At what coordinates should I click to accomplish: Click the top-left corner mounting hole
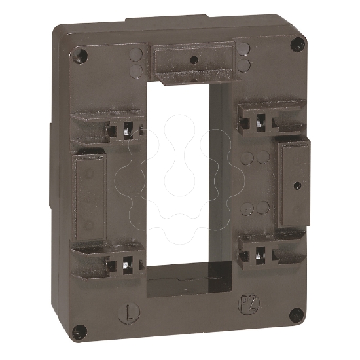tap(82, 54)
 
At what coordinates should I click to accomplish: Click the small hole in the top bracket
tap(192, 60)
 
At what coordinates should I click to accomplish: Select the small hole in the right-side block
tap(297, 185)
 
